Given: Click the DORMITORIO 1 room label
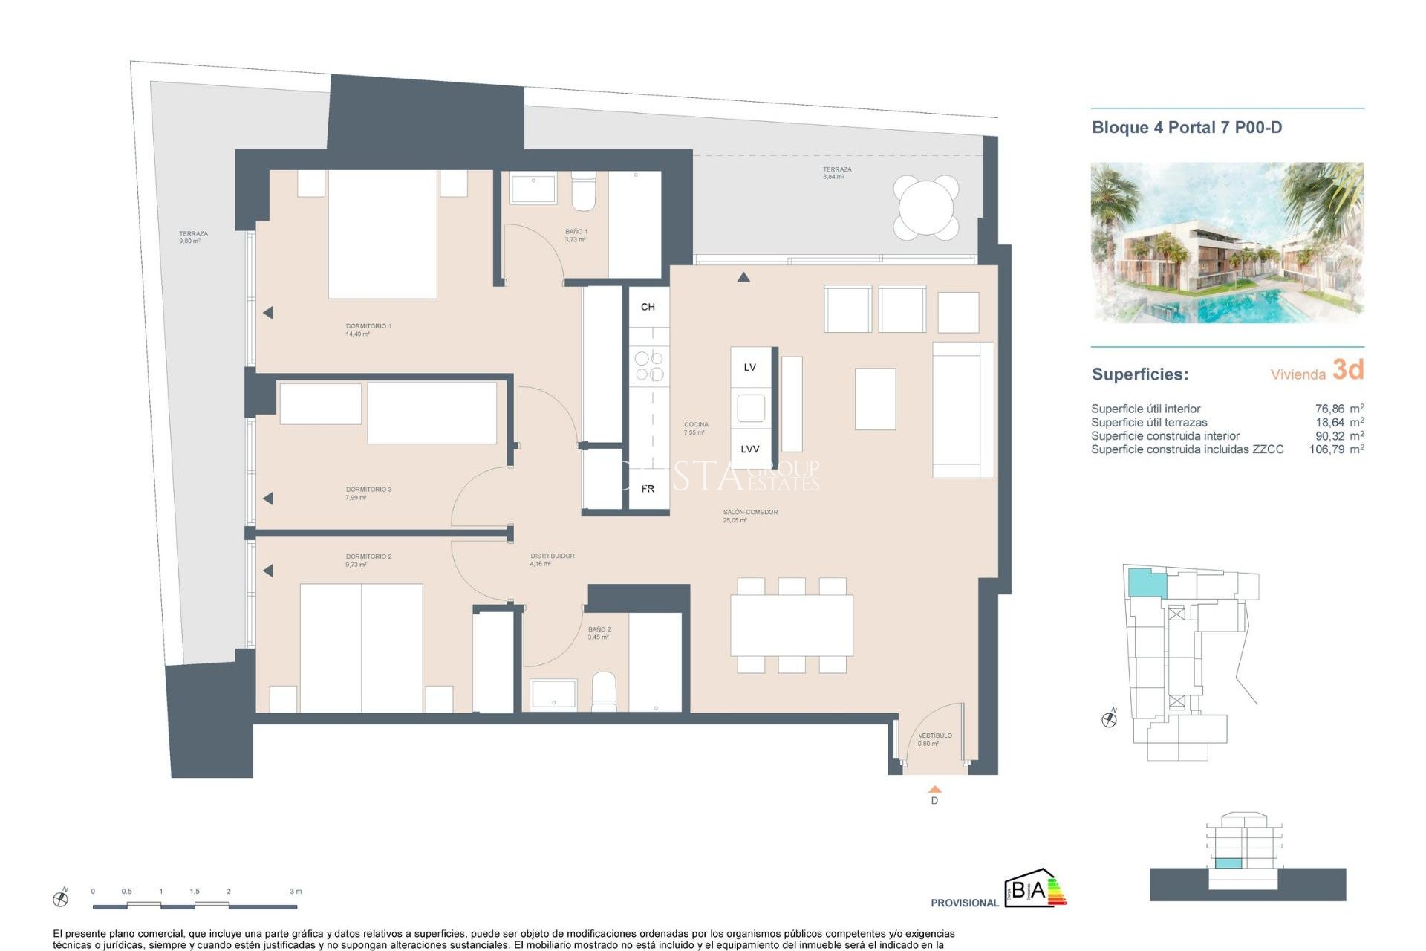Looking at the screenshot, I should [x=368, y=326].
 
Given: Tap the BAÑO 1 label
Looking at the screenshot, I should [x=576, y=232].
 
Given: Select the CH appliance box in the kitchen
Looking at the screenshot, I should [x=648, y=307].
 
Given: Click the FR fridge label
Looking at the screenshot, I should [x=648, y=489].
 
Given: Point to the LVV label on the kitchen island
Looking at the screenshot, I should [x=749, y=449].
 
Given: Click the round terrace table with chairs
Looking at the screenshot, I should [x=925, y=207].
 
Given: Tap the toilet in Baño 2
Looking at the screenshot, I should [x=604, y=692].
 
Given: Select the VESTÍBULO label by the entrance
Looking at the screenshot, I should [x=934, y=736].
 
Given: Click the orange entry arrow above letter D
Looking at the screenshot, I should [x=934, y=790].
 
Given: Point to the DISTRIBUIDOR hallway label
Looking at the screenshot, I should [x=552, y=556].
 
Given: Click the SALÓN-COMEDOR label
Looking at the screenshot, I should [x=750, y=512].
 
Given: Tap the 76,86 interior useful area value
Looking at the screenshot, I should [x=1329, y=409].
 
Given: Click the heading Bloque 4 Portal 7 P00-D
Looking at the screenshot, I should [x=1186, y=128].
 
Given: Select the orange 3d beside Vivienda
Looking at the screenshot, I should [x=1347, y=369].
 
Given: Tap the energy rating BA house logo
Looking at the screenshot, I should [x=1034, y=889].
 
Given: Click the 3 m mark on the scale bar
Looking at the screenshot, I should [x=296, y=892].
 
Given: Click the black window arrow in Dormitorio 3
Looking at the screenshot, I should [x=268, y=499].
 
